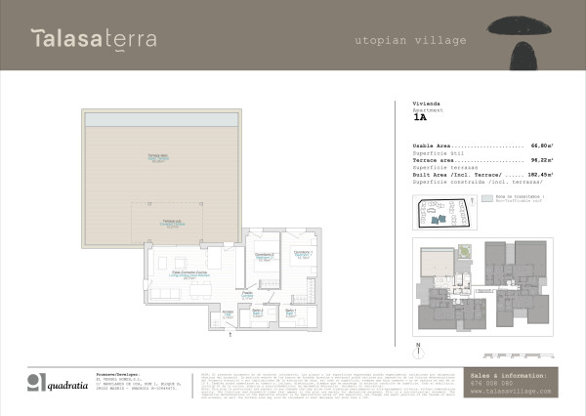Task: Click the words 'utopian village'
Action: (x=409, y=41)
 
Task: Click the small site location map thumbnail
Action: (x=445, y=211)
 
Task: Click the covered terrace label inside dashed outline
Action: (x=169, y=224)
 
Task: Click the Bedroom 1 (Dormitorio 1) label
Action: (x=296, y=258)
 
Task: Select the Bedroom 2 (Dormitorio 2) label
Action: (x=263, y=258)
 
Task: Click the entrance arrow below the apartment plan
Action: (x=229, y=334)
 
